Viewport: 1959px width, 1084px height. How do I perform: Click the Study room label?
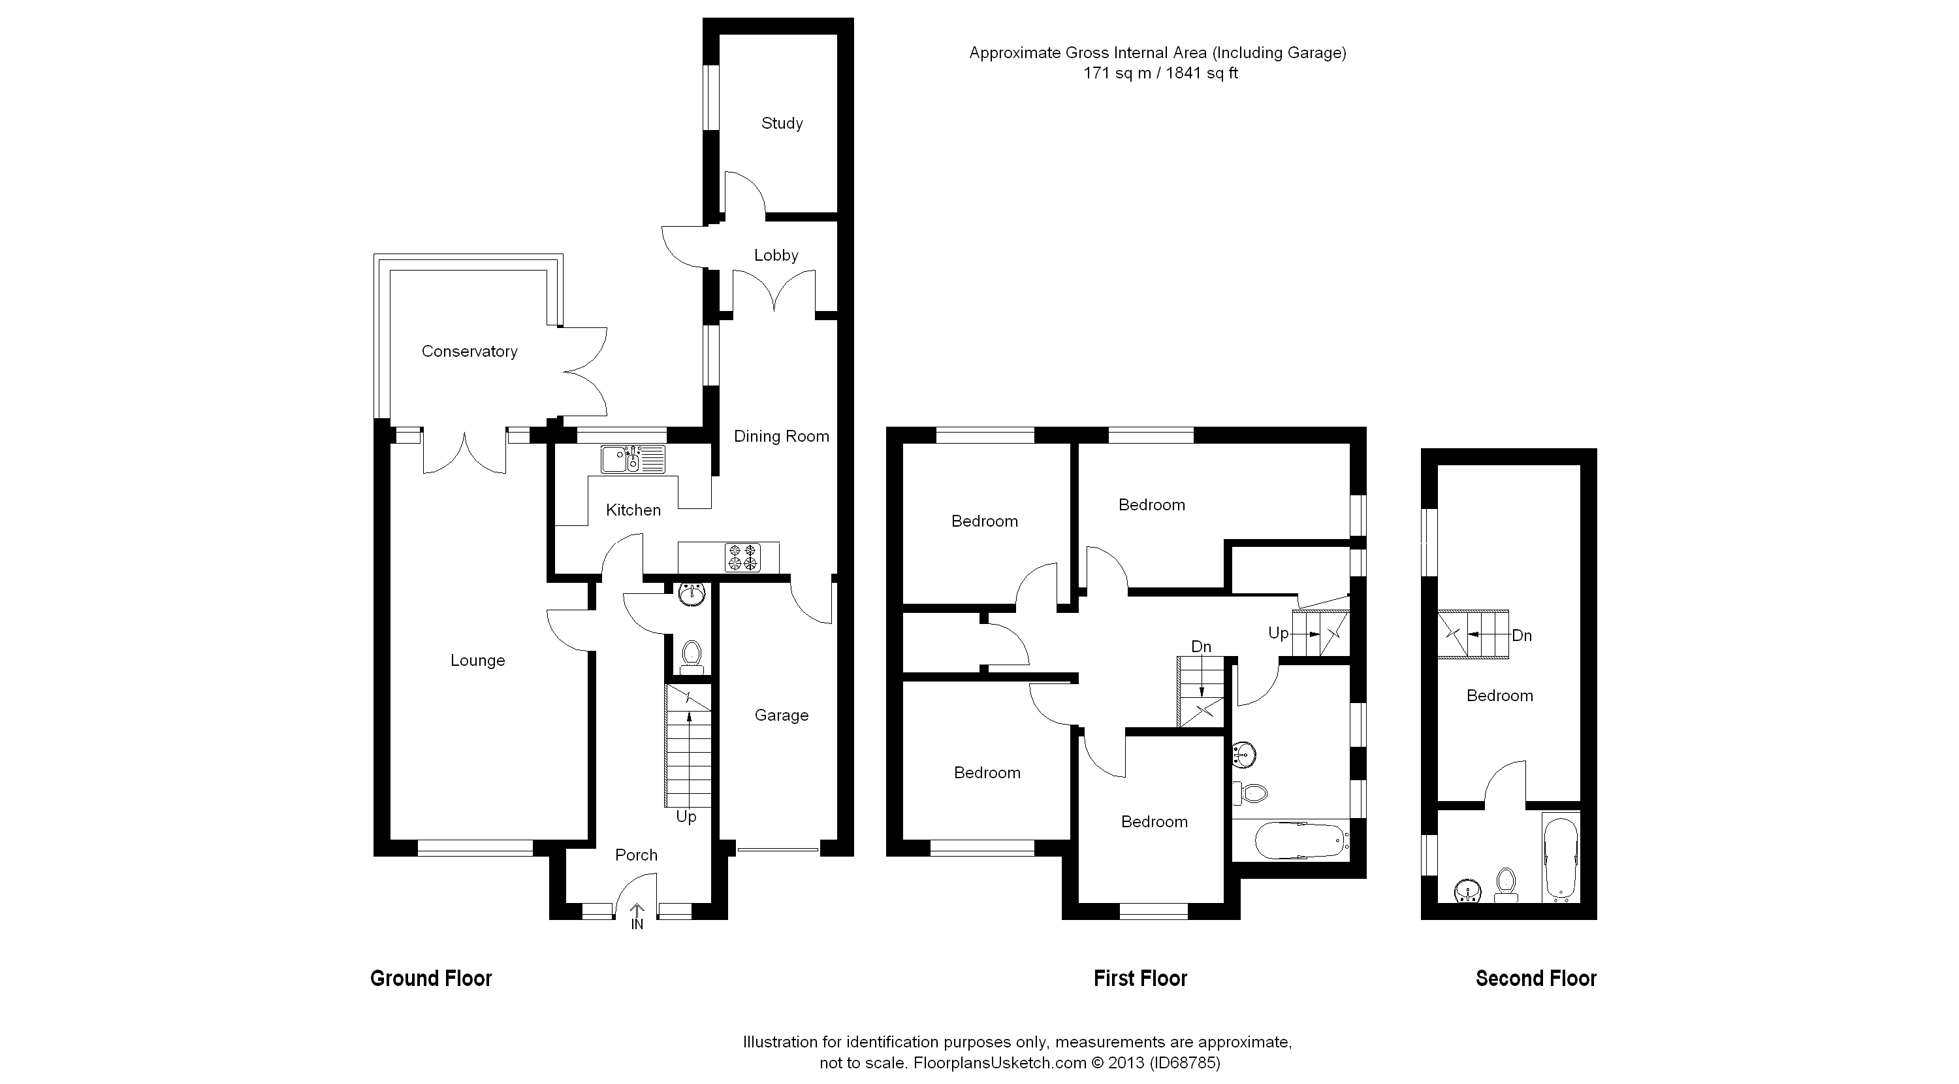pyautogui.click(x=782, y=123)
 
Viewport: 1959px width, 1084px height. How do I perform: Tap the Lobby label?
pyautogui.click(x=776, y=255)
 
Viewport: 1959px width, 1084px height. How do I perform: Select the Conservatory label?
pyautogui.click(x=470, y=352)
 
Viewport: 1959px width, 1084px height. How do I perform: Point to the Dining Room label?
pyautogui.click(x=781, y=436)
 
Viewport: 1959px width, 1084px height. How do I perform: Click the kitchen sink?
pyautogui.click(x=633, y=459)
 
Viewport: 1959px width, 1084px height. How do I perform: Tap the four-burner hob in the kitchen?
pyautogui.click(x=743, y=557)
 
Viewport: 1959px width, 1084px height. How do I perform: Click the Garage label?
pyautogui.click(x=781, y=716)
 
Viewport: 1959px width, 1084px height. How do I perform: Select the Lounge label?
pyautogui.click(x=477, y=661)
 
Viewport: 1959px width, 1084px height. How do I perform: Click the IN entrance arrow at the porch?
pyautogui.click(x=637, y=917)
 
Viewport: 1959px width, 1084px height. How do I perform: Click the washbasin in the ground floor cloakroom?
pyautogui.click(x=692, y=595)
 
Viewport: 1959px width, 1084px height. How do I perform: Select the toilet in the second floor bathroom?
pyautogui.click(x=1506, y=885)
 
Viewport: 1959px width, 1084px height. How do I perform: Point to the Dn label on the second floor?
pyautogui.click(x=1521, y=636)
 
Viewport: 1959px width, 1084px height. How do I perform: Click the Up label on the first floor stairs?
pyautogui.click(x=1279, y=633)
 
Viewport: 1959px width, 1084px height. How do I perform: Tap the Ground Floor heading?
pyautogui.click(x=431, y=978)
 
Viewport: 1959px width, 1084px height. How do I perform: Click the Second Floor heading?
pyautogui.click(x=1536, y=978)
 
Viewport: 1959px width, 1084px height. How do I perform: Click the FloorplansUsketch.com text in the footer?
pyautogui.click(x=1000, y=1062)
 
